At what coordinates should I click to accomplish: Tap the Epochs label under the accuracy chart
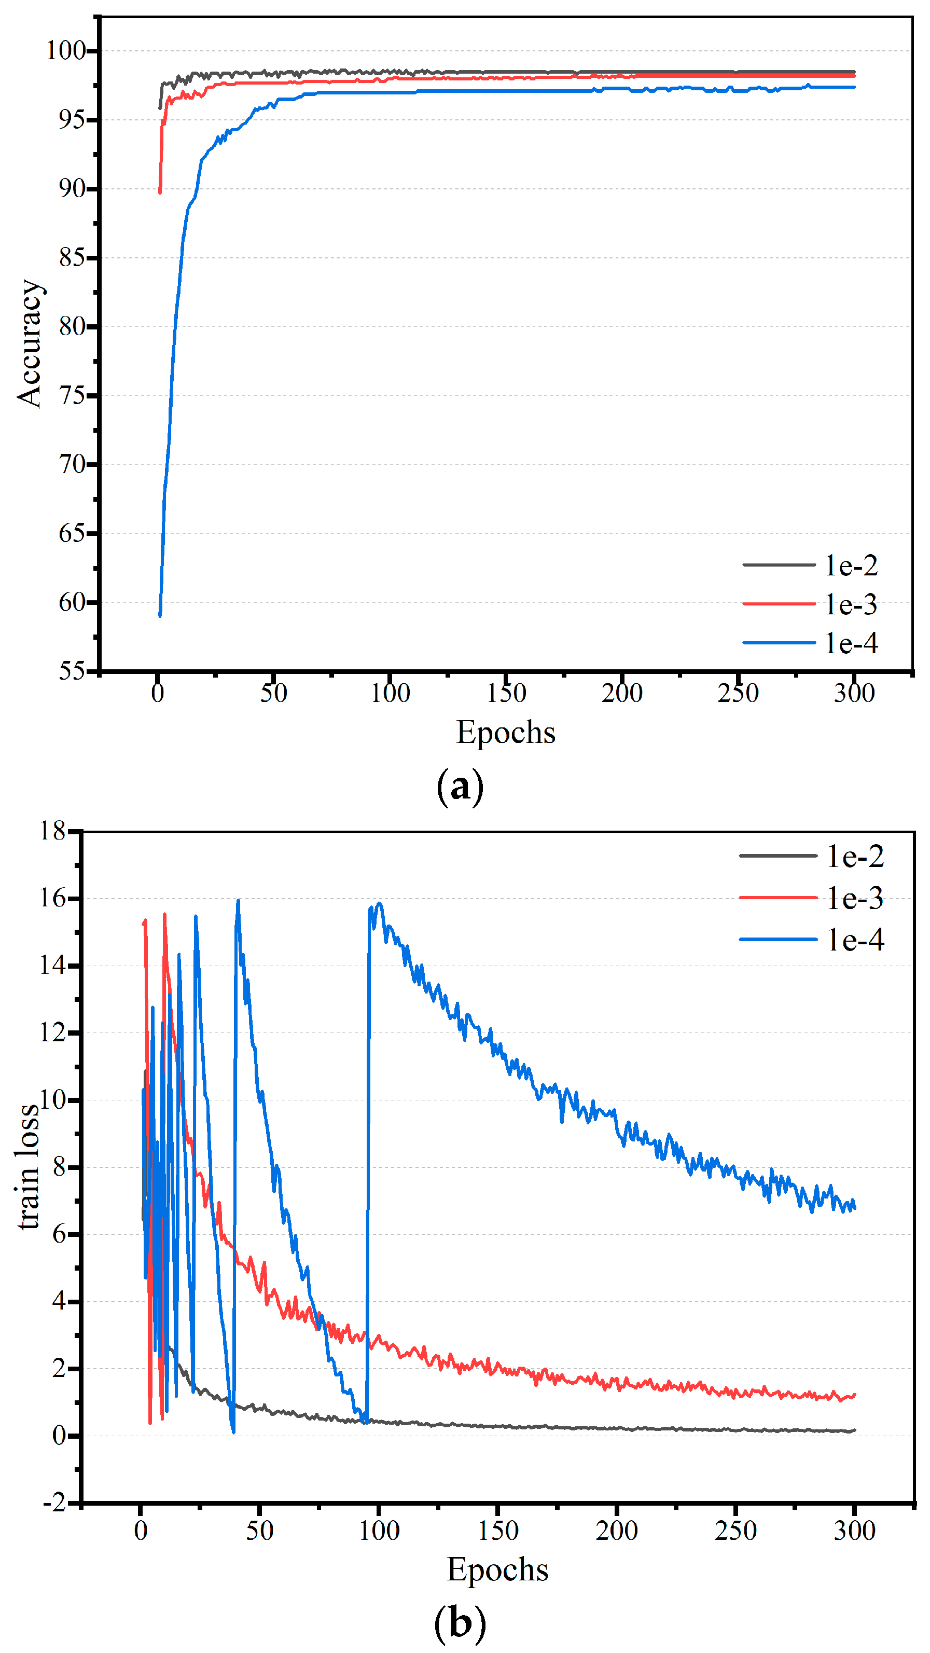point(505,732)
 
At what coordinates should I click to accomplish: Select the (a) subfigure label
point(460,787)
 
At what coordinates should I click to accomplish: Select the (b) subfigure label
point(460,1624)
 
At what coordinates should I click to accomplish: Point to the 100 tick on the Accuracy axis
point(65,51)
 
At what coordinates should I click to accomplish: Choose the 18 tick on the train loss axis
point(52,831)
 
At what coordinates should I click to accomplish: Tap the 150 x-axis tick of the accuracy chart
point(506,693)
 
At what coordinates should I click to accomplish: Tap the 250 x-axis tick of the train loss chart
point(735,1531)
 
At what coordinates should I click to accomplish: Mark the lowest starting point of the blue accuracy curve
point(160,615)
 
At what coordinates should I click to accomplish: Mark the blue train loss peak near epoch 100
point(379,903)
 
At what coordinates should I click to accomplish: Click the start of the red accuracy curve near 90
point(160,192)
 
